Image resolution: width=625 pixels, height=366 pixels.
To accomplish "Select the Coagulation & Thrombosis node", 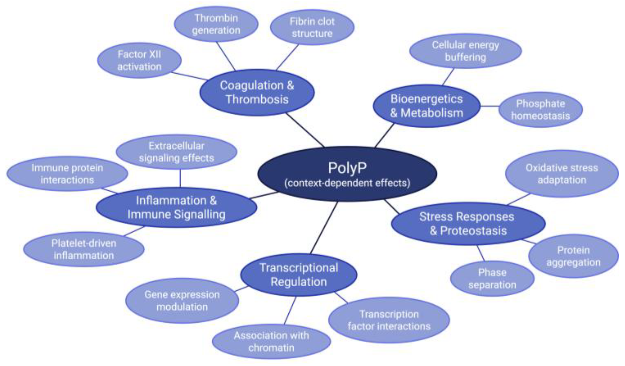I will pyautogui.click(x=257, y=92).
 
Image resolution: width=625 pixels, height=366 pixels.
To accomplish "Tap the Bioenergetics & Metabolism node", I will pyautogui.click(x=426, y=106).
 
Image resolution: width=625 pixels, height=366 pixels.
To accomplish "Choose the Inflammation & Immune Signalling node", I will pyautogui.click(x=176, y=208).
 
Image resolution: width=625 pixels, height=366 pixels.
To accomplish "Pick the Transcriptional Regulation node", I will pyautogui.click(x=299, y=275).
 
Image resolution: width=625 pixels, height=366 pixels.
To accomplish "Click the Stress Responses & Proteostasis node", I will pyautogui.click(x=468, y=224).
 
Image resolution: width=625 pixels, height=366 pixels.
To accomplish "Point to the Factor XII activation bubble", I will pyautogui.click(x=139, y=60).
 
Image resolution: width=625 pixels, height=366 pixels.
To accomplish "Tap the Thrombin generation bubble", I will pyautogui.click(x=216, y=24).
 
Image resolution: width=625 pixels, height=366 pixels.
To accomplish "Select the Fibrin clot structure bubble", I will pyautogui.click(x=312, y=27).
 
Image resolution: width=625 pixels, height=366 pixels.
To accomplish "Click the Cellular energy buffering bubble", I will pyautogui.click(x=465, y=51).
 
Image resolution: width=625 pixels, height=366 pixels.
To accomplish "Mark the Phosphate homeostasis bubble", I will pyautogui.click(x=540, y=110).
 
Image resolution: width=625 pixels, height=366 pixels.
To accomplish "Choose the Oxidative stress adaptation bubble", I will pyautogui.click(x=562, y=174).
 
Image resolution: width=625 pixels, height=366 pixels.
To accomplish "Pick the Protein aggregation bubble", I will pyautogui.click(x=573, y=256).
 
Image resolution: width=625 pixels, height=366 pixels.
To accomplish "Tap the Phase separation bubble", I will pyautogui.click(x=492, y=278).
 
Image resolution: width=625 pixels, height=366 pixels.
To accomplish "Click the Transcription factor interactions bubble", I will pyautogui.click(x=389, y=320).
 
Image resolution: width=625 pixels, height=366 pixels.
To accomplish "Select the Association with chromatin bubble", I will pyautogui.click(x=271, y=341).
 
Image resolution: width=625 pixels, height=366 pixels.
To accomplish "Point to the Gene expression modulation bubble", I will pyautogui.click(x=182, y=301).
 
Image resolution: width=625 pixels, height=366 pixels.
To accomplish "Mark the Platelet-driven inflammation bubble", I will pyautogui.click(x=84, y=249).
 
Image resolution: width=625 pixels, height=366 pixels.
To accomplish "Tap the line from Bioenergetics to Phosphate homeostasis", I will pyautogui.click(x=490, y=106).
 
